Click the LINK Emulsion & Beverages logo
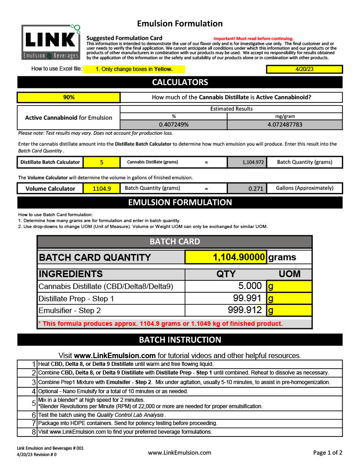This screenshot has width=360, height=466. click(x=51, y=42)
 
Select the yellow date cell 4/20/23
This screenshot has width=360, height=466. click(x=304, y=69)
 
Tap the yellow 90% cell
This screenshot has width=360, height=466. click(x=69, y=97)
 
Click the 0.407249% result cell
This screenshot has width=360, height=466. click(x=173, y=124)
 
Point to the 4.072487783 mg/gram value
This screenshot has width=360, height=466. click(x=284, y=124)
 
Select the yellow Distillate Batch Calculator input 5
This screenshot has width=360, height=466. click(x=101, y=162)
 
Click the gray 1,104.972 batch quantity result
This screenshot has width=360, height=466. click(x=246, y=162)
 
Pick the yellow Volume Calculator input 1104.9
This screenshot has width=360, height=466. click(x=101, y=188)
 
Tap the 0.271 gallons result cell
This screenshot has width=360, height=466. click(x=246, y=188)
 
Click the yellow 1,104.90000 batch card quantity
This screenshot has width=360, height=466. click(x=226, y=257)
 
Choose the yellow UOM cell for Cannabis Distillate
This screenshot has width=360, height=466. click(x=289, y=286)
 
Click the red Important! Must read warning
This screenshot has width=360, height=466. click(x=253, y=39)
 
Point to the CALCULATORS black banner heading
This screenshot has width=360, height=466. click(x=180, y=82)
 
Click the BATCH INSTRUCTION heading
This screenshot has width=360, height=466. click(x=180, y=340)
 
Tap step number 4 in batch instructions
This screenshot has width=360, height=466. click(x=33, y=391)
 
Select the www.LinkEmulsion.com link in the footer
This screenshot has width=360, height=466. click(x=179, y=452)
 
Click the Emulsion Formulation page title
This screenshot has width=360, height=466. click(x=180, y=24)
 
